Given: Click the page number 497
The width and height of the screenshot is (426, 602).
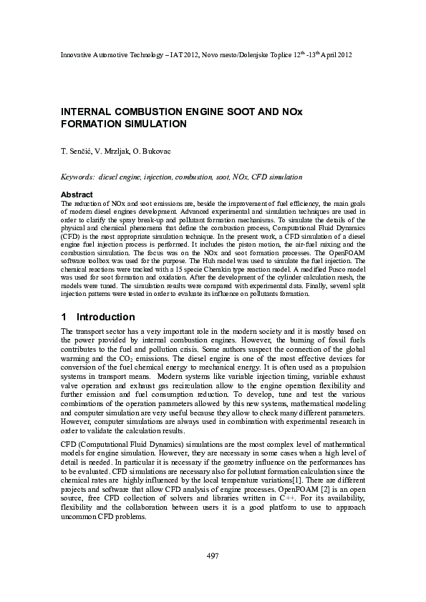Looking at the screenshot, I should tap(213, 556).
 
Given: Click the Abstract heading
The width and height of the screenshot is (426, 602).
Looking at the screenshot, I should tap(77, 194).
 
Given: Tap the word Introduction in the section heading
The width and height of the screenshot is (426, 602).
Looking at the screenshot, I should tap(105, 317).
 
